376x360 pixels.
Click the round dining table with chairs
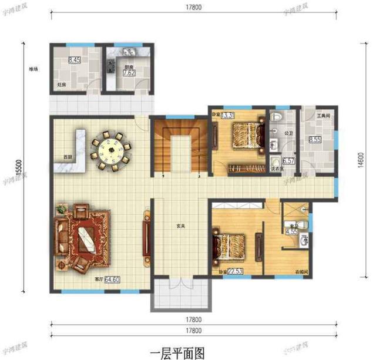(x=111, y=150)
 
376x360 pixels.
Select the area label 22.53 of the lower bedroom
(x=235, y=271)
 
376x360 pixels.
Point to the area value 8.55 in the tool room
(x=314, y=140)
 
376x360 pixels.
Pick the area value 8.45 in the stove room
(x=75, y=59)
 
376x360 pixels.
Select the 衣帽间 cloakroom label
(x=301, y=272)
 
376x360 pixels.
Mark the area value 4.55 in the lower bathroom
(x=291, y=231)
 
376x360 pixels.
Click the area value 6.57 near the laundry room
(x=288, y=160)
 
